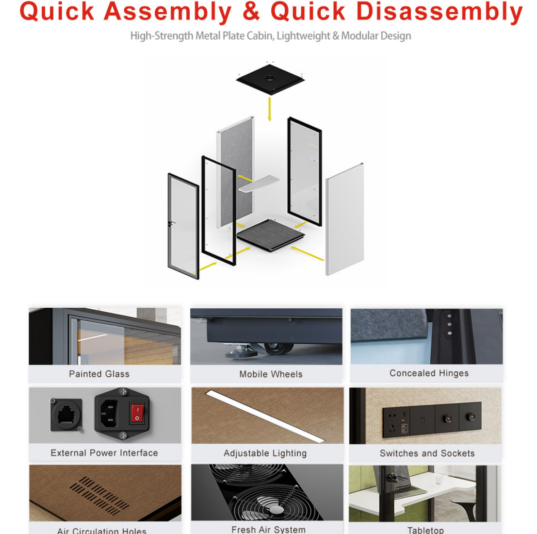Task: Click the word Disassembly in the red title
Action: [x=439, y=12]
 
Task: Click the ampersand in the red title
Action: [x=251, y=11]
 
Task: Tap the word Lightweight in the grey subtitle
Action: [x=303, y=36]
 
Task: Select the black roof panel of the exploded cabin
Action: [x=270, y=79]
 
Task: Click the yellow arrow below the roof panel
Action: [x=270, y=109]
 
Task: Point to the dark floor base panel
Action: [x=271, y=235]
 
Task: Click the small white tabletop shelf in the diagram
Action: [x=259, y=184]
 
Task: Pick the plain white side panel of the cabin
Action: [x=344, y=219]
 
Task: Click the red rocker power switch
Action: [x=137, y=413]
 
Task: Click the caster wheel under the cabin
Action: [x=278, y=349]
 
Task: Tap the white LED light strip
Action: [x=265, y=416]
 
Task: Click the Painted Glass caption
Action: [x=99, y=374]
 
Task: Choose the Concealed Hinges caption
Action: [x=429, y=373]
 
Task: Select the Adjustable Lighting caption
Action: [x=265, y=453]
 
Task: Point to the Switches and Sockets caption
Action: [x=427, y=453]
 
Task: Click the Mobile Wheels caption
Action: [x=271, y=374]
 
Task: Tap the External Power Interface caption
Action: [x=104, y=453]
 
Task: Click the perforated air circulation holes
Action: [x=99, y=495]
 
